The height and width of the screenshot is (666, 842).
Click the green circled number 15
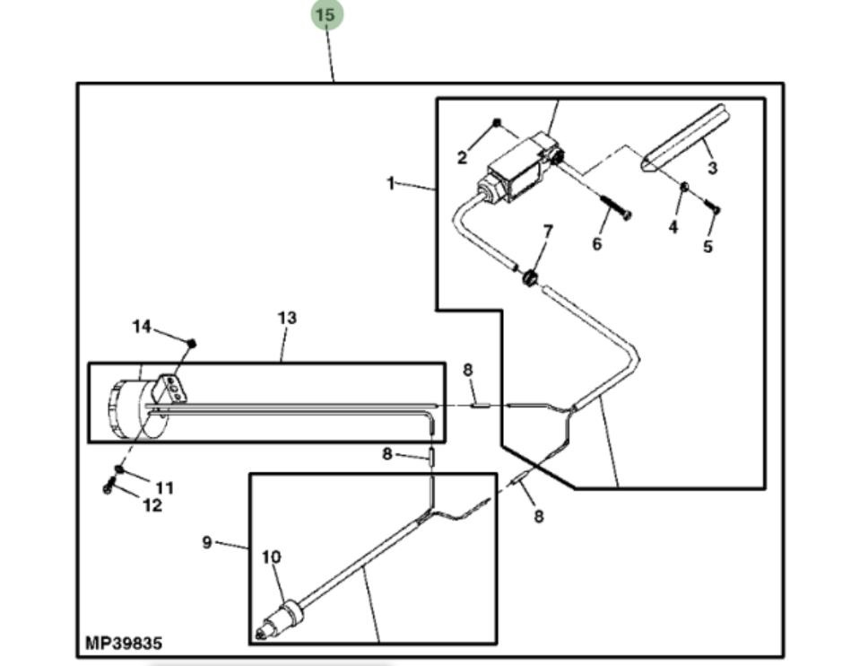coord(326,15)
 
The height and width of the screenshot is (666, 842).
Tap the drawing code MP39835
coord(124,644)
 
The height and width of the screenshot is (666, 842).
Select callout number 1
coord(391,183)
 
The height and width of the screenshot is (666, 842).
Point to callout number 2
coord(462,158)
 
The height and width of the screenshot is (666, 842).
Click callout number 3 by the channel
coord(712,168)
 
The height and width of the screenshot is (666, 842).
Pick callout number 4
coord(673,227)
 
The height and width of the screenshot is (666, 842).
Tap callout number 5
coord(707,246)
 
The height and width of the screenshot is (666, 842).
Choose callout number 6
coord(597,242)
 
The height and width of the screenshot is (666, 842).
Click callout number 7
coord(547,231)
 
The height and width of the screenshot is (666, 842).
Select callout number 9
coord(207,542)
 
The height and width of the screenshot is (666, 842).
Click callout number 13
coord(286,318)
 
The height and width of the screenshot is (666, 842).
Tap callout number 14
coord(143,327)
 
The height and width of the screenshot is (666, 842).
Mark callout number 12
coord(152,505)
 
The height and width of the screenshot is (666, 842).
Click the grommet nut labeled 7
coord(530,278)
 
